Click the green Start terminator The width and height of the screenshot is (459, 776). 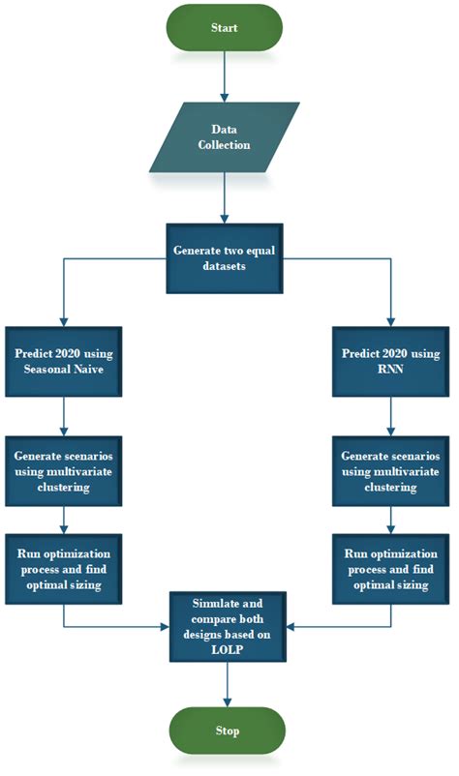click(x=225, y=28)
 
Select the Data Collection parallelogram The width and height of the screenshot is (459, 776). click(x=225, y=136)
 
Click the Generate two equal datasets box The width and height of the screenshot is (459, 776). click(x=225, y=256)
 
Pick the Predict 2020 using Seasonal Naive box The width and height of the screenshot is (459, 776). click(x=63, y=360)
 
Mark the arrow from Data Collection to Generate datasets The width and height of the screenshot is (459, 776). click(x=225, y=198)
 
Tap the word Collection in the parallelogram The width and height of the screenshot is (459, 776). click(x=224, y=145)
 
